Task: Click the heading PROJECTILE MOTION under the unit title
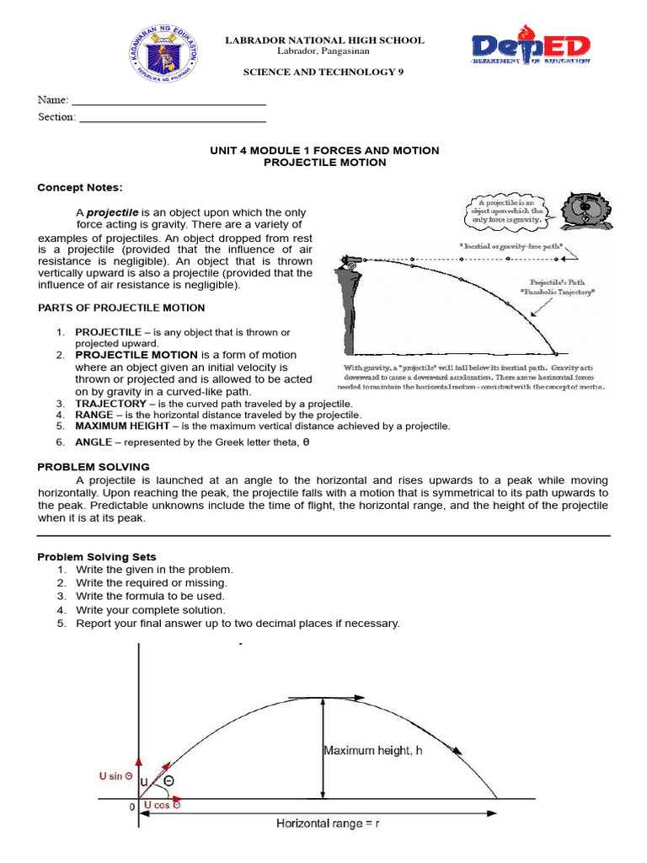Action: (324, 163)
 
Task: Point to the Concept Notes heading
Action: (80, 187)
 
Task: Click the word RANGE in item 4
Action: (94, 415)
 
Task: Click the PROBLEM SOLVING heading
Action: (94, 467)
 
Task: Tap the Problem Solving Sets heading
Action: (97, 557)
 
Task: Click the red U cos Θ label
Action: (162, 805)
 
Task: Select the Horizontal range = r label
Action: (329, 823)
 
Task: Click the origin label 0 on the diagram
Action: (131, 807)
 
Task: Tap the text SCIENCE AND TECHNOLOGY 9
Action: (323, 72)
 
